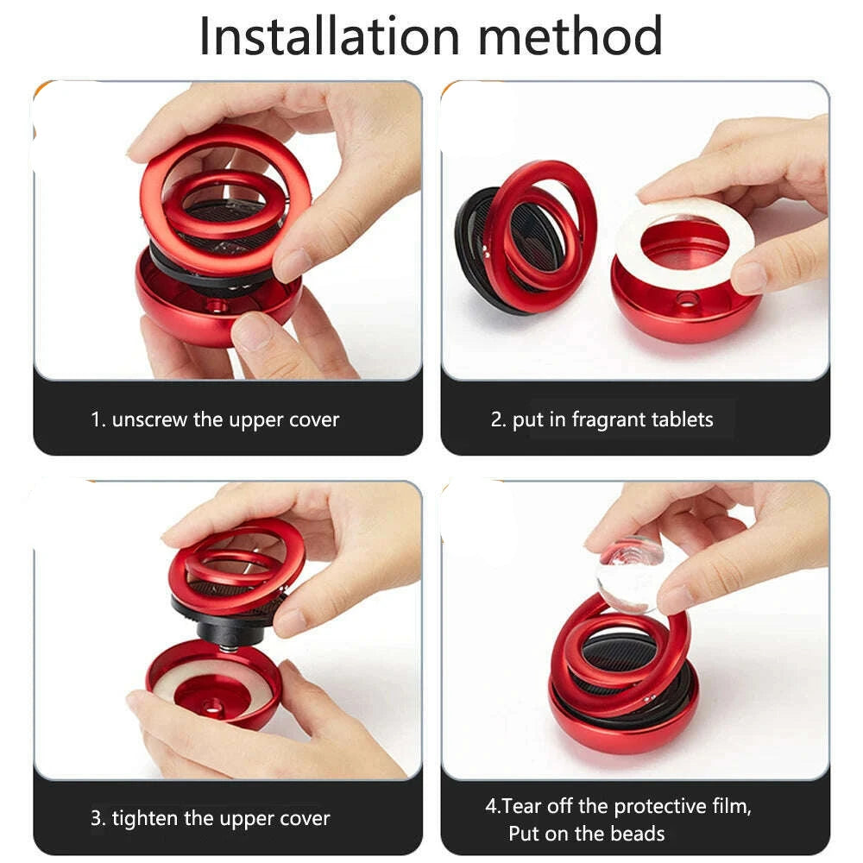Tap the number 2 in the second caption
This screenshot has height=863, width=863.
496,420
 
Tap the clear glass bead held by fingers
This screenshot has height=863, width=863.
628,570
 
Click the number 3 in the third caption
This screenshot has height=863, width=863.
96,818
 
